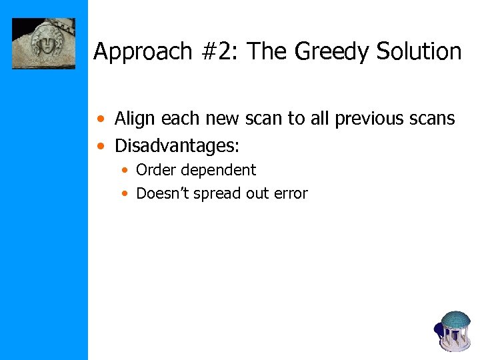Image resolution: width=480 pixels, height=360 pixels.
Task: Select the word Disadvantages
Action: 177,144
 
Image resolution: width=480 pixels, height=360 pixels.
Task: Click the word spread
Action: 214,194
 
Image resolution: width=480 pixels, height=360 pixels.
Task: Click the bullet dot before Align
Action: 100,120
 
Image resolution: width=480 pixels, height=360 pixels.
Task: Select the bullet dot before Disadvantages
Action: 100,145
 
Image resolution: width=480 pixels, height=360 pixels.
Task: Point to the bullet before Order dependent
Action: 125,171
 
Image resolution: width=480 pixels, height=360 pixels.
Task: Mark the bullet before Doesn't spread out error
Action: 125,194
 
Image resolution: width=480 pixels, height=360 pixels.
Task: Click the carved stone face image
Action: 44,43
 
